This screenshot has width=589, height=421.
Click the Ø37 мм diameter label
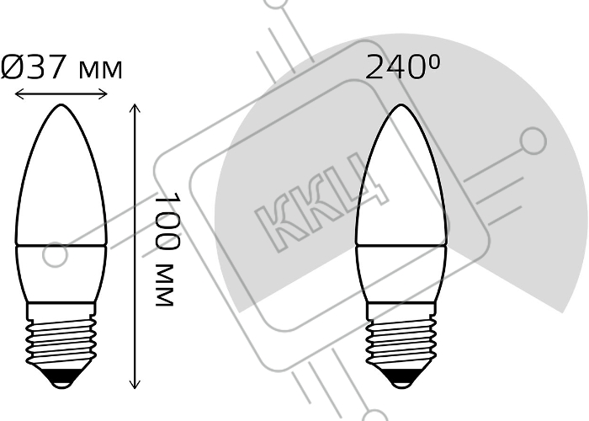[61, 67]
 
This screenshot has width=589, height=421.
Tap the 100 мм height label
[167, 249]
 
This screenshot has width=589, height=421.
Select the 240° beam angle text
[402, 67]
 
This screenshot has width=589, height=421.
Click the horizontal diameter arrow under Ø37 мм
[61, 94]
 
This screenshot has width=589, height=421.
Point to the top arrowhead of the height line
[135, 109]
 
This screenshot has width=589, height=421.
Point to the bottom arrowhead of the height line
[135, 384]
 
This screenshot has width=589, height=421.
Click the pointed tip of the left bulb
[61, 104]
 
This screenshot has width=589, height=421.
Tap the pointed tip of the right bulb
[401, 105]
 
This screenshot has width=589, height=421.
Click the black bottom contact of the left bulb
[61, 378]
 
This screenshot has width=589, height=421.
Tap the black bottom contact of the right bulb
[401, 378]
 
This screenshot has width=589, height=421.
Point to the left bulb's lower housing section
[61, 274]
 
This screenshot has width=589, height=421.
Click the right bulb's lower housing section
[401, 274]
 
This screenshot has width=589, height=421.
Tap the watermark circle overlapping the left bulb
[56, 254]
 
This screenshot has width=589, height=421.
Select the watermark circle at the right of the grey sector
[533, 141]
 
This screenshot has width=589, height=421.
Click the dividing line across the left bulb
[61, 246]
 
